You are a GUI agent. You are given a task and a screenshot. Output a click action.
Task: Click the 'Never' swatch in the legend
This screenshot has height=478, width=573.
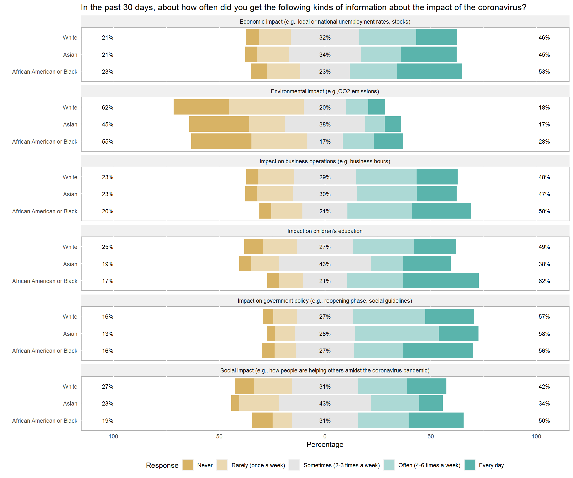(188, 465)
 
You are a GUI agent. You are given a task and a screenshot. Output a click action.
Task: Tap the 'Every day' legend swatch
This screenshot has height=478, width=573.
(470, 465)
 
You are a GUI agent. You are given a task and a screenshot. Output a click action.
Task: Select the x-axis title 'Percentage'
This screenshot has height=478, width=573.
(325, 444)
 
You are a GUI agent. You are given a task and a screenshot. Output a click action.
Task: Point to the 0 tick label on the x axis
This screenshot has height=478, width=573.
(325, 436)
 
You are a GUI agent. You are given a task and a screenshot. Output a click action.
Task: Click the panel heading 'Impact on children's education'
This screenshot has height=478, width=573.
(325, 231)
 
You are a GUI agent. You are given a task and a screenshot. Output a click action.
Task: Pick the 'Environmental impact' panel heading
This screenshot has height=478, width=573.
(325, 92)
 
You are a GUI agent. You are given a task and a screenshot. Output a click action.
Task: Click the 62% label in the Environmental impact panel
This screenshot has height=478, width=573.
(107, 107)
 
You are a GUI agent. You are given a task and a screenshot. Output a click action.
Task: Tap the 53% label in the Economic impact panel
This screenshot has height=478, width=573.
(544, 71)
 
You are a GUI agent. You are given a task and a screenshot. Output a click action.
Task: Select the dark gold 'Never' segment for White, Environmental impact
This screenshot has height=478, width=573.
(201, 107)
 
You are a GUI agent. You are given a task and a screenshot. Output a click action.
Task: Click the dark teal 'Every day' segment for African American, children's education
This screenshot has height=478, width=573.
(441, 281)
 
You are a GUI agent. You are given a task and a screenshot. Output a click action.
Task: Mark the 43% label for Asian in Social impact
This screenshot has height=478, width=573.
(325, 403)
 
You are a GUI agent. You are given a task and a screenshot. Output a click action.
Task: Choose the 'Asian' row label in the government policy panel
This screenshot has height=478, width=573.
(70, 334)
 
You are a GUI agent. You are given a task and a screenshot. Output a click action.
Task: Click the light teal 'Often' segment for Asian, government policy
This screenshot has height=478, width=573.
(396, 333)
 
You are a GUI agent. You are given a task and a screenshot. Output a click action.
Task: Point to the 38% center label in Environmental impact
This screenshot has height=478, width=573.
(325, 124)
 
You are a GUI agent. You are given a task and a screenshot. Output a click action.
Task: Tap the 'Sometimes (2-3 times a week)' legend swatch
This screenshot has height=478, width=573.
(294, 465)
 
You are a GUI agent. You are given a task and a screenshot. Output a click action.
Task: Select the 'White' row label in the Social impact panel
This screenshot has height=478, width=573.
(70, 386)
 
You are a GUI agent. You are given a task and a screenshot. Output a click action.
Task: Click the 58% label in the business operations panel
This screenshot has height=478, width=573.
(544, 211)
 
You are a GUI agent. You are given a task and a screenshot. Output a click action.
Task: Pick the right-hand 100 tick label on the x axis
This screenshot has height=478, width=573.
(536, 436)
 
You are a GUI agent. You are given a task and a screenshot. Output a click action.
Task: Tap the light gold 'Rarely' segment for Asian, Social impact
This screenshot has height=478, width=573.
(259, 403)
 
